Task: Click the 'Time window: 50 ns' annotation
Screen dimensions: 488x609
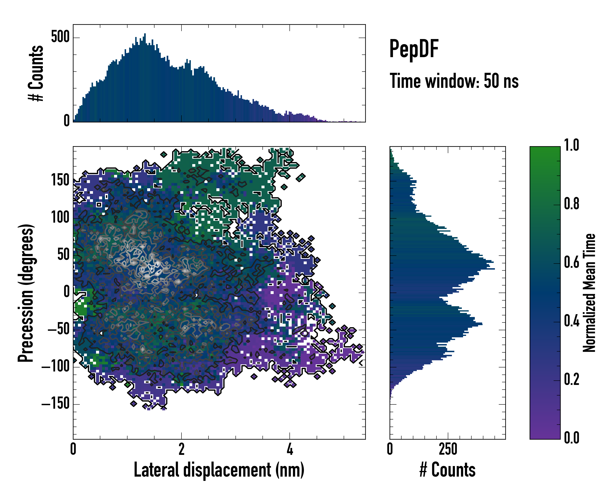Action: [x=454, y=81]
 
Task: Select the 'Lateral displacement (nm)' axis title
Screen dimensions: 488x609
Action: [x=219, y=470]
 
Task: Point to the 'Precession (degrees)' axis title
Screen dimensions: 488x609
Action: [x=26, y=293]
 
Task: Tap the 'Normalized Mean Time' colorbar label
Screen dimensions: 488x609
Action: [x=589, y=293]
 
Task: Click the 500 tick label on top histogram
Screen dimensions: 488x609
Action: [x=60, y=37]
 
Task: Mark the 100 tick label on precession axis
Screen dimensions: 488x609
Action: [x=60, y=218]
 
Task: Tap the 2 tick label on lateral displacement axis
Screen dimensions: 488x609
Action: [x=181, y=449]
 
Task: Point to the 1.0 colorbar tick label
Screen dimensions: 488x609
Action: [x=571, y=145]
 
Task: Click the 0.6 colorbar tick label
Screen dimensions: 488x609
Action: [x=571, y=263]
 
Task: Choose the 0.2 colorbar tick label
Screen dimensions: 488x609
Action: [x=571, y=380]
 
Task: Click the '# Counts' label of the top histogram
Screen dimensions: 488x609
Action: [x=36, y=73]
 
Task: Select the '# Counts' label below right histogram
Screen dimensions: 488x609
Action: [x=447, y=470]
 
